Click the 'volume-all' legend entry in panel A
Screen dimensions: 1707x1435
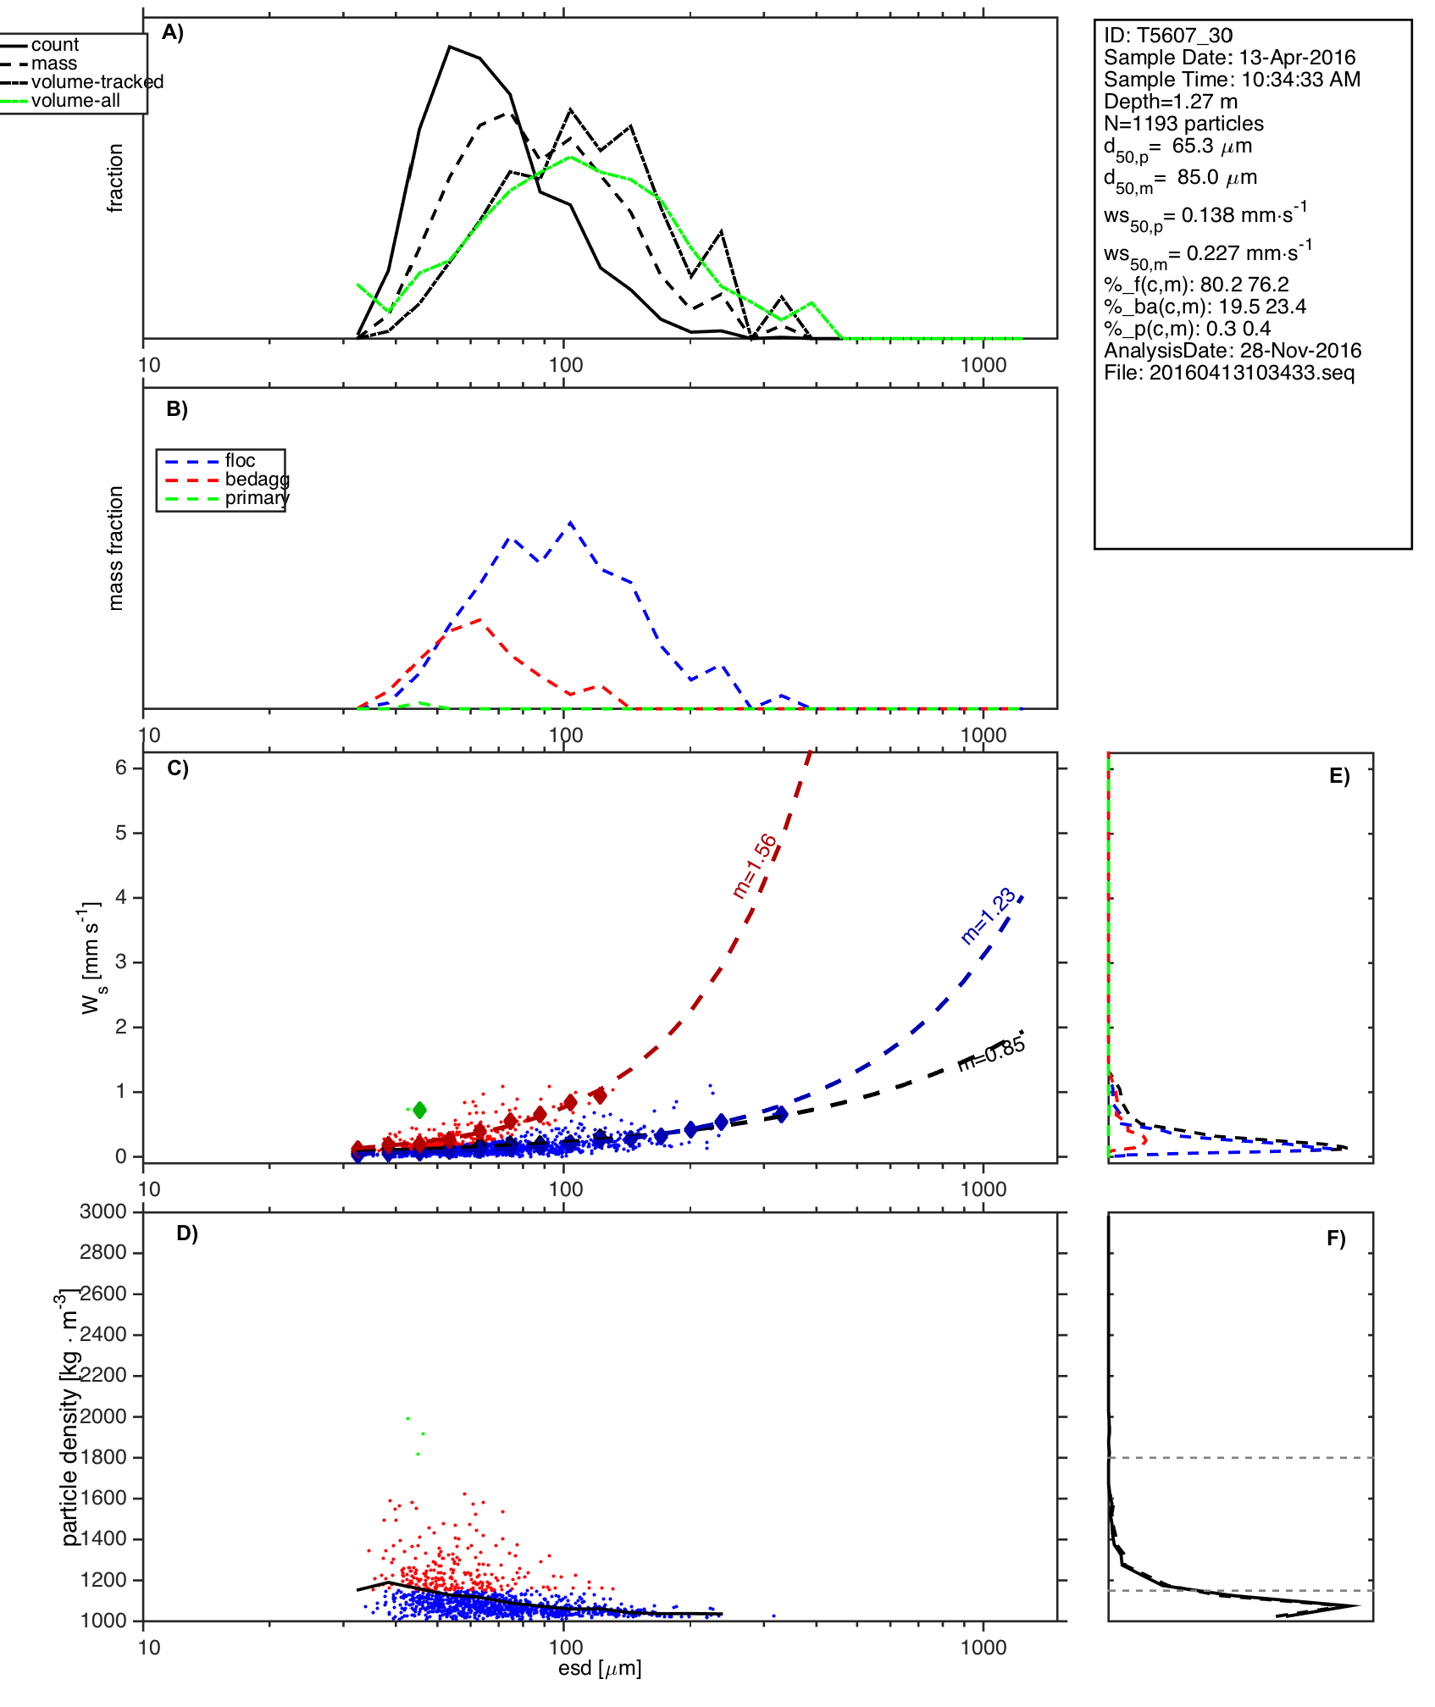coord(75,101)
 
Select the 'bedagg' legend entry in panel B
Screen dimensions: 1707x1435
coord(257,479)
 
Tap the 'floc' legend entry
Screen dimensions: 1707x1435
coord(240,461)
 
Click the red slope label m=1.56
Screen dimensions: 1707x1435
coord(755,866)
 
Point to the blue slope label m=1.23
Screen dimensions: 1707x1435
coord(988,916)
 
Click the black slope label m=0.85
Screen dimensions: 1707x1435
coord(992,1054)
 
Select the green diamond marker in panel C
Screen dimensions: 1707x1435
coord(418,1110)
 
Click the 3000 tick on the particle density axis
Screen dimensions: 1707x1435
coord(102,1212)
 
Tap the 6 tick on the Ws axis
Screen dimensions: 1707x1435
coord(121,768)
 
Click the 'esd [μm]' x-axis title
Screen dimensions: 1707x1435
coord(600,1669)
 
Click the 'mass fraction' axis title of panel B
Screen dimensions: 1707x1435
coord(116,548)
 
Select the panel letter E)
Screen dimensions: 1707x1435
coord(1339,777)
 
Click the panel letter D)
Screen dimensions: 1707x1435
coord(187,1233)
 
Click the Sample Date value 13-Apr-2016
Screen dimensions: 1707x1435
coord(1297,58)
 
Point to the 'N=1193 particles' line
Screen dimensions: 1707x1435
coord(1183,124)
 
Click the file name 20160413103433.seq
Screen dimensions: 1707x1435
coord(1251,373)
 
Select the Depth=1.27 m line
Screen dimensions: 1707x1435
coord(1170,102)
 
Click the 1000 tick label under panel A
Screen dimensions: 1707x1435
coord(983,366)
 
